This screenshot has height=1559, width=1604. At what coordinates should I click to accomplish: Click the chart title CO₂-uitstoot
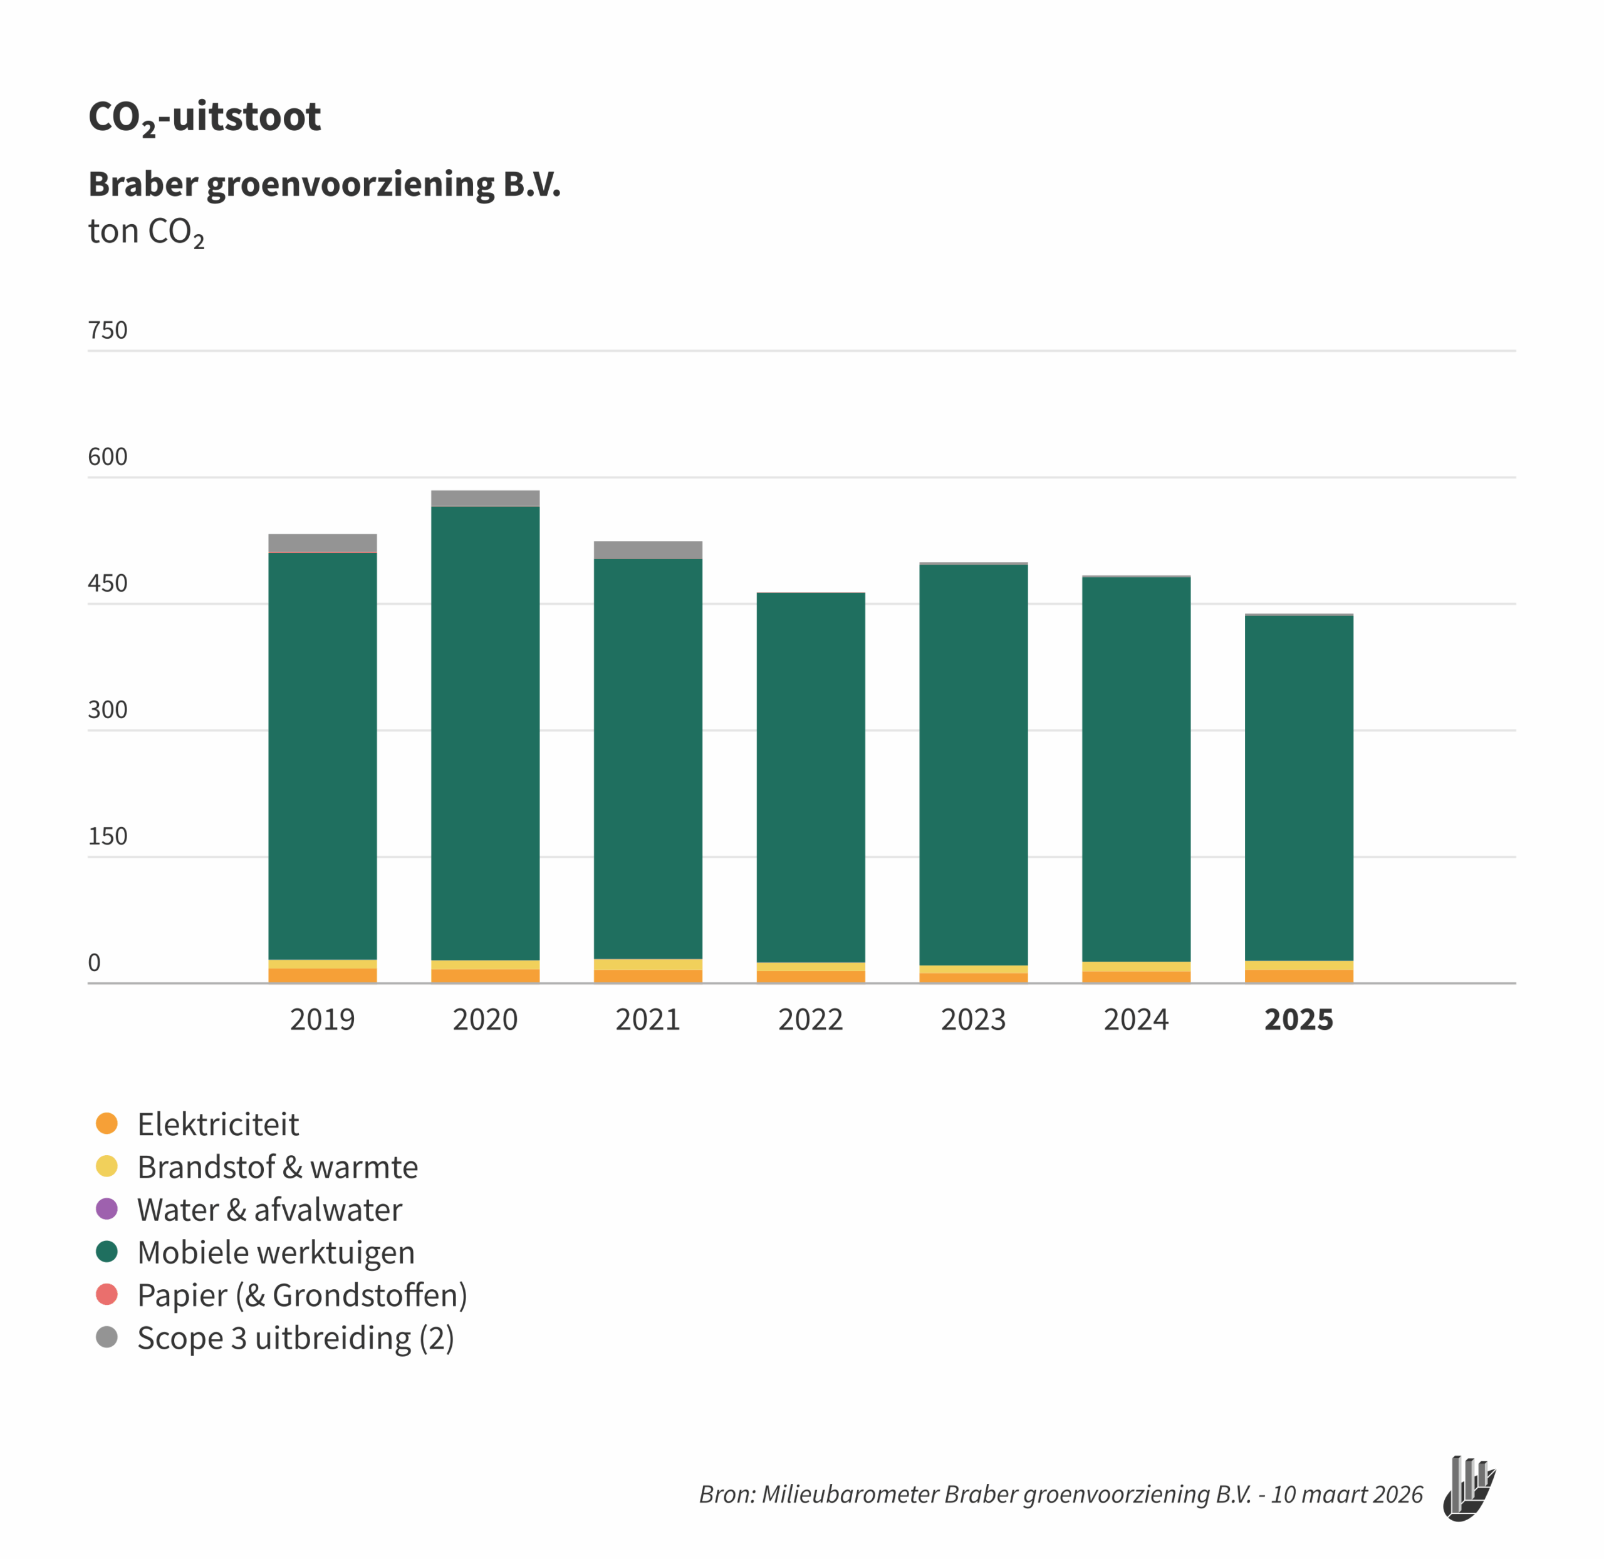pos(204,117)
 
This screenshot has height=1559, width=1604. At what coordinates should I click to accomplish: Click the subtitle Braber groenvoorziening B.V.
pos(325,184)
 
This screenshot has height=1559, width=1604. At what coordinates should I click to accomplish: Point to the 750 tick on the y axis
pos(107,331)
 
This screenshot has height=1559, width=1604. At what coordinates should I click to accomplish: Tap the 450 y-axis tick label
pos(107,584)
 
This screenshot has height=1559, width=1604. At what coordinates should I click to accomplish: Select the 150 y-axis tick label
pos(107,837)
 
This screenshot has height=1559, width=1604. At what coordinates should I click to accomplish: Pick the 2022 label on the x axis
pos(810,1020)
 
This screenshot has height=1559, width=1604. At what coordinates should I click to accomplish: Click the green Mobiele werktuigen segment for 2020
pos(485,733)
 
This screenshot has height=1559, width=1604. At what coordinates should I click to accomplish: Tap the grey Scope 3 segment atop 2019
pos(323,543)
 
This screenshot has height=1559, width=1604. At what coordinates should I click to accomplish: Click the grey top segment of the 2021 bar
pos(648,550)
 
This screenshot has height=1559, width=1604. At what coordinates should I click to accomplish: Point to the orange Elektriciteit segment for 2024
pos(1136,977)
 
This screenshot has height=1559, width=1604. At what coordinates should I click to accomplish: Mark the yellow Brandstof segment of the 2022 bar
pos(810,967)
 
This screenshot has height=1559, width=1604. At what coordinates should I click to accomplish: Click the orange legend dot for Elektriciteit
pos(107,1123)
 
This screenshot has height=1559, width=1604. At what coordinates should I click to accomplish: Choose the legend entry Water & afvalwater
pos(269,1210)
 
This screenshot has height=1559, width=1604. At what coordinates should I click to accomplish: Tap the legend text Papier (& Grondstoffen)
pos(302,1295)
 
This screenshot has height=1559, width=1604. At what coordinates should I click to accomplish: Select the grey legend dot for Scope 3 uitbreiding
pos(107,1337)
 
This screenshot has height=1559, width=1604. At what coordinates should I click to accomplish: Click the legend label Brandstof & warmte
pos(278,1167)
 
